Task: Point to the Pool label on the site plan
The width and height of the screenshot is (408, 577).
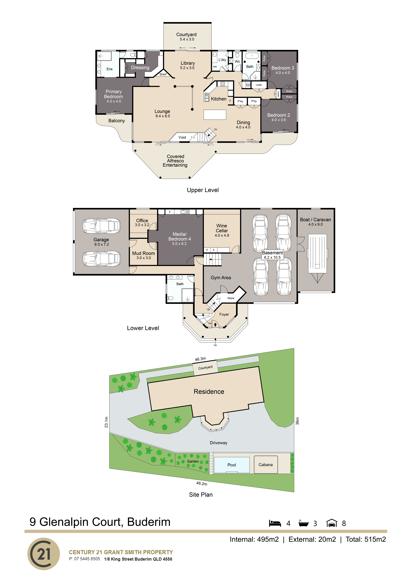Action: (232, 465)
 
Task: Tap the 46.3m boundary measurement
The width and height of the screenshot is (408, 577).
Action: (200, 359)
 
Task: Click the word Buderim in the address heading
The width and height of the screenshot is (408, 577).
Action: (149, 522)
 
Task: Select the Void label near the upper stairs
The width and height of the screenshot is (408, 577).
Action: (182, 137)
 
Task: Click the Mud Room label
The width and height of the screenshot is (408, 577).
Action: (144, 253)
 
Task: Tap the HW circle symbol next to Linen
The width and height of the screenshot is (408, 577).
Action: (248, 85)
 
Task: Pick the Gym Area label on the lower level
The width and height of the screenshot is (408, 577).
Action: (221, 277)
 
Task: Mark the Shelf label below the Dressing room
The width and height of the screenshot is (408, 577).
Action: (163, 74)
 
